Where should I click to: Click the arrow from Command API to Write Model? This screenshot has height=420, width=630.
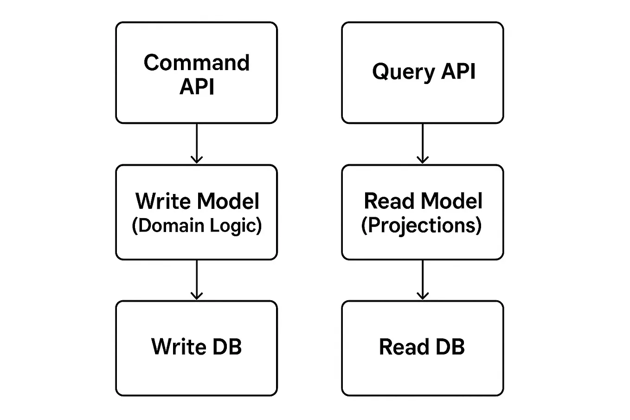(197, 143)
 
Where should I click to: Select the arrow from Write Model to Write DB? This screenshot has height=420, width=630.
(197, 279)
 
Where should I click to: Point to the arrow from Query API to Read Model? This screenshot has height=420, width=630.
(423, 143)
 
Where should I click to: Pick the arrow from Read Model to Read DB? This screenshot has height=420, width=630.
(423, 279)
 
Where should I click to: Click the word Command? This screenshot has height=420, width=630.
(196, 63)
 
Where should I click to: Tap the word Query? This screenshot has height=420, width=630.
(404, 72)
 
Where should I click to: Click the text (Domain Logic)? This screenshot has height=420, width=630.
(197, 226)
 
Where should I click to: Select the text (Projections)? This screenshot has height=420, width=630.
(421, 226)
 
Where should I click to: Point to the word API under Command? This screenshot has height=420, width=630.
(197, 87)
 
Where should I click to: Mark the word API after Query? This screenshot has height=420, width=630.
(458, 71)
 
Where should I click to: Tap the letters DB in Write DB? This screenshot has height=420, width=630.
(226, 347)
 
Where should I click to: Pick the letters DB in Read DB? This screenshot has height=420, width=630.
(450, 347)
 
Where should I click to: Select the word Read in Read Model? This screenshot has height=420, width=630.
(389, 201)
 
